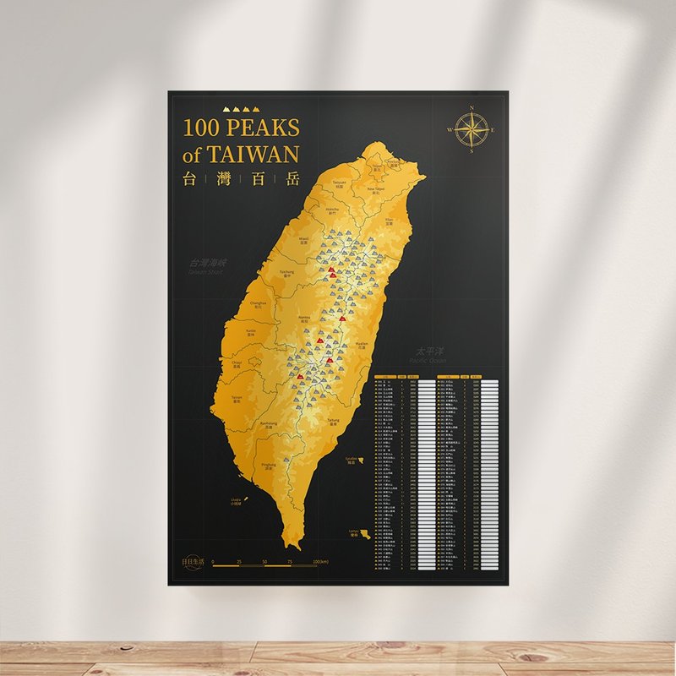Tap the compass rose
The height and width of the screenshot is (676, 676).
pyautogui.click(x=471, y=129)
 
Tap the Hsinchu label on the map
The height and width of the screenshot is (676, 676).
pyautogui.click(x=332, y=210)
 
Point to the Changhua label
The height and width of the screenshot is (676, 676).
pyautogui.click(x=259, y=303)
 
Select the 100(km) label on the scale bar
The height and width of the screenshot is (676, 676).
pyautogui.click(x=320, y=561)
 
